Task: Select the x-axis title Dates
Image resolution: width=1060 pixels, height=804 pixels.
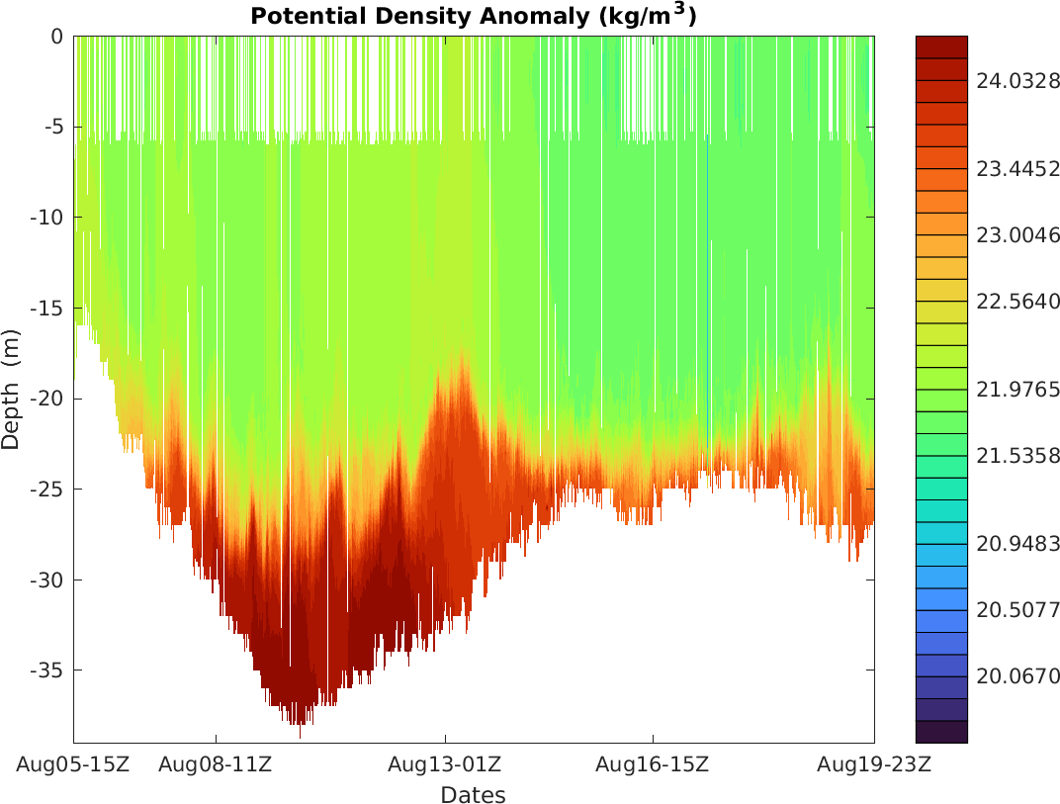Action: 473,795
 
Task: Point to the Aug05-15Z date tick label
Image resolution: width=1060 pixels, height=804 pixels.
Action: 73,764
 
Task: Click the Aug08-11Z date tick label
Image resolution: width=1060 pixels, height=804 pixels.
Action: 216,764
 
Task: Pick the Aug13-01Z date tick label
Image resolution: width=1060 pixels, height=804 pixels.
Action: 445,764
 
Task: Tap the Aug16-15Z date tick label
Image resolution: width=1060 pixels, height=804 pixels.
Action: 653,764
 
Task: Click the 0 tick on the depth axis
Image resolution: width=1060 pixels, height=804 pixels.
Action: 56,37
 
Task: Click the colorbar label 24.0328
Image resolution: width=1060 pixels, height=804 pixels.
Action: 1017,82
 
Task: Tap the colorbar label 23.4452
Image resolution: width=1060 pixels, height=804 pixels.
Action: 1017,169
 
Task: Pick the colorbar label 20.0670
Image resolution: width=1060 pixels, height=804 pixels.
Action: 1017,677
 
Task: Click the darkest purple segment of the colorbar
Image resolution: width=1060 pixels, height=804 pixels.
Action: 941,732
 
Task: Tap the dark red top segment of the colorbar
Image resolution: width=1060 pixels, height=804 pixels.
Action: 941,46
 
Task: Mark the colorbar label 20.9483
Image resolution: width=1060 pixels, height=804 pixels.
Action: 1017,544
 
